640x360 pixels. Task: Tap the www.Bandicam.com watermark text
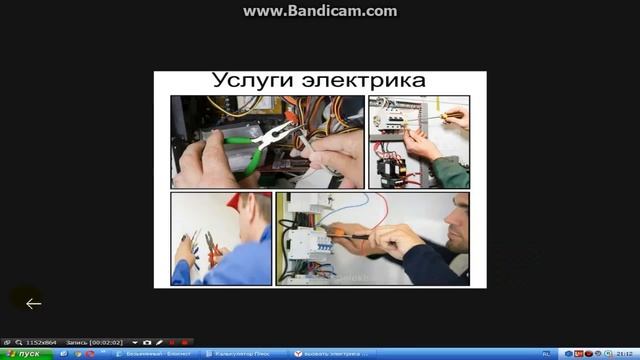[320, 11]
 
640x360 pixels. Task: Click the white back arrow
[33, 303]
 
